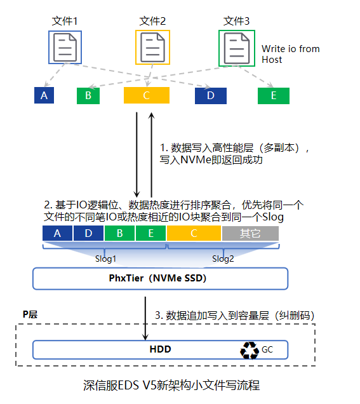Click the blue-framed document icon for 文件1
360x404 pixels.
click(65, 47)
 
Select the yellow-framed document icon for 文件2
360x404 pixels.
click(152, 47)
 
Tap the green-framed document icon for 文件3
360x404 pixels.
click(237, 48)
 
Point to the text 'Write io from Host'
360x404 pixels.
click(290, 54)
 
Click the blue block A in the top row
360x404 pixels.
click(44, 95)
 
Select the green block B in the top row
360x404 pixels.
click(88, 96)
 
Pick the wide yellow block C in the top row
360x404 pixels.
click(147, 95)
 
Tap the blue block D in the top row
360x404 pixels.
click(211, 95)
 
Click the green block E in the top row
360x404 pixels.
click(274, 96)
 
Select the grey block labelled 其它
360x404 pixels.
click(250, 233)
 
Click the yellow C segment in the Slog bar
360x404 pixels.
click(194, 233)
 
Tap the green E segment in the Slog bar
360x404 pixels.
click(150, 233)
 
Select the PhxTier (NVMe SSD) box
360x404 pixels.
click(160, 278)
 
